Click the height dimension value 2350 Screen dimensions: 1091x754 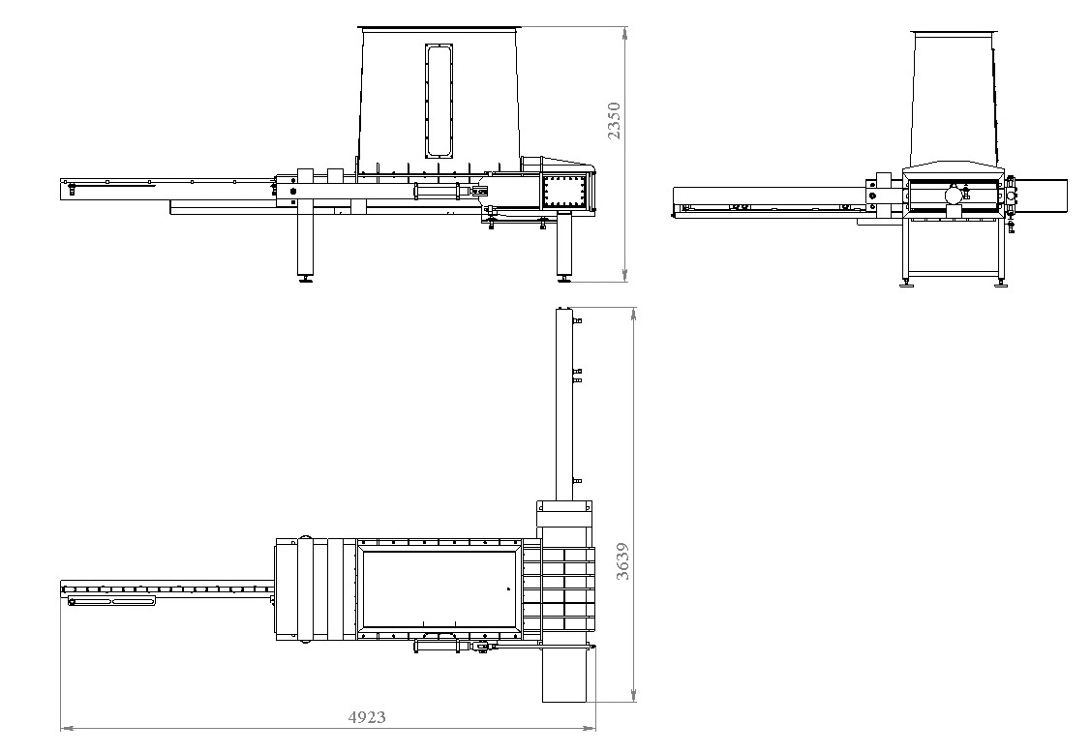pyautogui.click(x=614, y=121)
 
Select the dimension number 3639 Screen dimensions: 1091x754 pyautogui.click(x=622, y=561)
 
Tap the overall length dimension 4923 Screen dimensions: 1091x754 pyautogui.click(x=367, y=717)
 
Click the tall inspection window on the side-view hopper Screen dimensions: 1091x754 pyautogui.click(x=439, y=101)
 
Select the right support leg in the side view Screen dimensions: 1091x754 pyautogui.click(x=563, y=244)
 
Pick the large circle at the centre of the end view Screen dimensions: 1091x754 pyautogui.click(x=954, y=196)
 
